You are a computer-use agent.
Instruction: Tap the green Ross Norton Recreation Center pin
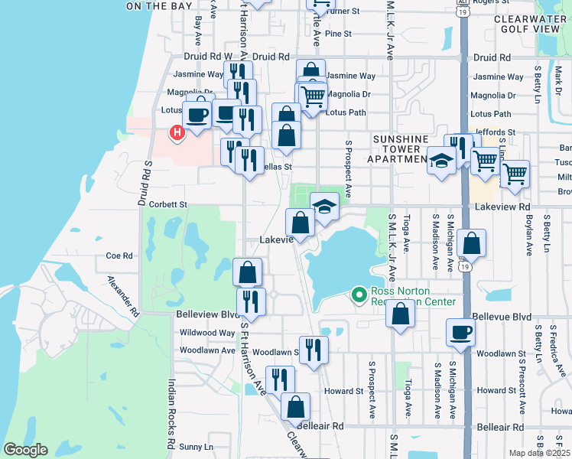point(359,294)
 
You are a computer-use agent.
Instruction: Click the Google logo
point(25,450)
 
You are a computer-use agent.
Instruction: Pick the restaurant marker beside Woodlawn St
point(313,350)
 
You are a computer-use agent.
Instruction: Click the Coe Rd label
point(120,256)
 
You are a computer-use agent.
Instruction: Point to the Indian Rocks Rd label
point(171,414)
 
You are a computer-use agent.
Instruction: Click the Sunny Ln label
point(197,446)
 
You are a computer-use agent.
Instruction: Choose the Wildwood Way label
point(206,333)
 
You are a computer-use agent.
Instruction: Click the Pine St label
point(337,34)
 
